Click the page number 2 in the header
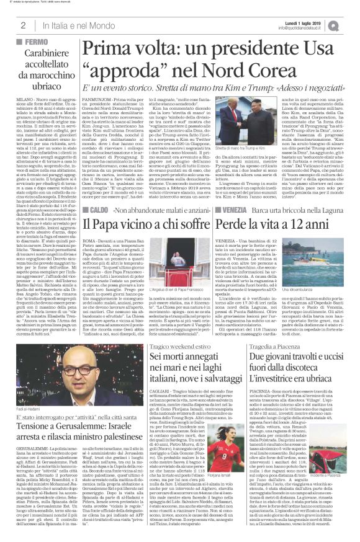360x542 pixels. [22, 25]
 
